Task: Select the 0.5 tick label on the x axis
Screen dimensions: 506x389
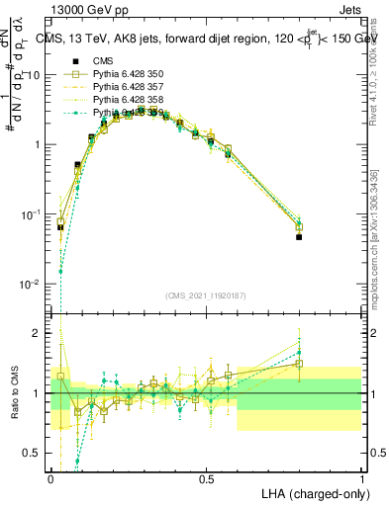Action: tap(206, 479)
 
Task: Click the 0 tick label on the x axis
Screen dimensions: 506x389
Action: tap(50, 479)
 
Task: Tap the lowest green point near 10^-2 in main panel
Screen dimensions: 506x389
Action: tap(60, 271)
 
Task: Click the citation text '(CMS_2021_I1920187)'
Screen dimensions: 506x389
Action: tap(205, 295)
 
